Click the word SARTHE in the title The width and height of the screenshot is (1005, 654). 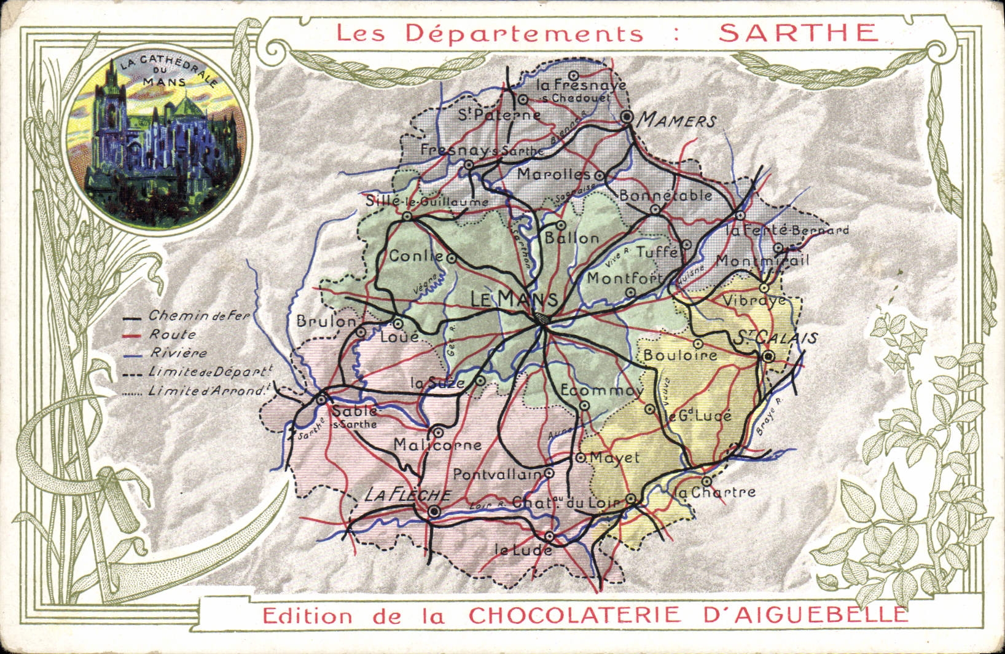click(x=799, y=33)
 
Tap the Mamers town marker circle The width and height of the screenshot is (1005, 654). click(x=627, y=116)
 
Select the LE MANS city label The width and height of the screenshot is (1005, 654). click(x=514, y=299)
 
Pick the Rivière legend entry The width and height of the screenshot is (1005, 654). click(x=179, y=353)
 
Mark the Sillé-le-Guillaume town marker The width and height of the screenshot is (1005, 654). click(x=407, y=216)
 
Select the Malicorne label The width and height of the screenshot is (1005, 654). click(x=437, y=445)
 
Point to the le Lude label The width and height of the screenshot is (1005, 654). click(x=523, y=550)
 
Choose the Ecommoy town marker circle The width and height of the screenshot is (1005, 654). click(x=584, y=405)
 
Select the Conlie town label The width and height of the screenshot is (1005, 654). click(x=416, y=256)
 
